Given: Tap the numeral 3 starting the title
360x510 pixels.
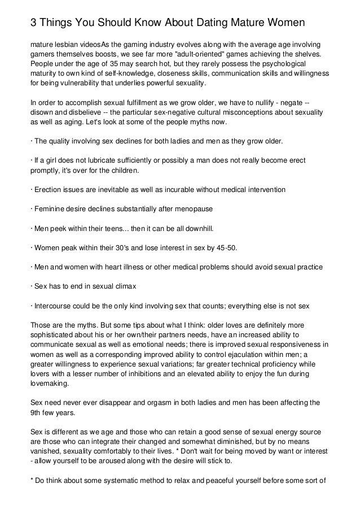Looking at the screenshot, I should pyautogui.click(x=33, y=23).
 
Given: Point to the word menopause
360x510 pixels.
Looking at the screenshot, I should pyautogui.click(x=191, y=209).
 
